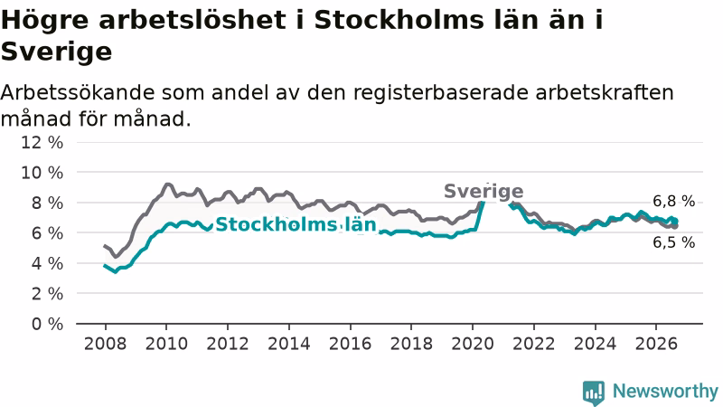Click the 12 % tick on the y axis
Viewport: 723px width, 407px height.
42,143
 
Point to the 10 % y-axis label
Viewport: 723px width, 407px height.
42,173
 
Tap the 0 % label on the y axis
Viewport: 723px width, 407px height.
47,324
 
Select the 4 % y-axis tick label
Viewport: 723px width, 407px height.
47,263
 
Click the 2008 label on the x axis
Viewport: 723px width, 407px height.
105,344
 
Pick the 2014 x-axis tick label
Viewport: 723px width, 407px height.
289,344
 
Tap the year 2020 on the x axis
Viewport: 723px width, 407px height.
473,344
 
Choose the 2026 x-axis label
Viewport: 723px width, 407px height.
656,344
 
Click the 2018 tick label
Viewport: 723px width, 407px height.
411,344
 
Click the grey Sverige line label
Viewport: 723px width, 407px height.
484,191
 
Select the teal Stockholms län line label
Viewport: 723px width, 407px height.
296,224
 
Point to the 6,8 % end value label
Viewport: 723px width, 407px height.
673,201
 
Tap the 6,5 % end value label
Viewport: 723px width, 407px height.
673,242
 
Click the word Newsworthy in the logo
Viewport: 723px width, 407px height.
665,392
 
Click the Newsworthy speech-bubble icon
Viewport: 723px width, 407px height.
594,393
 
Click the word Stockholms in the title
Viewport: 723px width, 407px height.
399,20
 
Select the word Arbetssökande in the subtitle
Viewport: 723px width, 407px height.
78,92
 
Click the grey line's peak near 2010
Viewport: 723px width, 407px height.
168,185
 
